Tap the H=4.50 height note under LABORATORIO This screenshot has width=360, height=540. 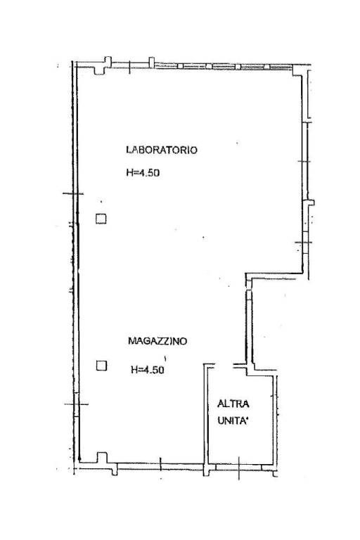tap(143, 172)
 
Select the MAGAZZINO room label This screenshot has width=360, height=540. tap(157, 341)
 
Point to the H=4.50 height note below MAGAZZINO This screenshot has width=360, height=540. tap(147, 369)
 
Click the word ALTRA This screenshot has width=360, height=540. tap(232, 404)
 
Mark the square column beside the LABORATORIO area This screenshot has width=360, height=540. tap(101, 219)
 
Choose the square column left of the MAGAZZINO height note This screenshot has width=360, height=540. tap(101, 365)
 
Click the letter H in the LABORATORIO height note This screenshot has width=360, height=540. tap(129, 172)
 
